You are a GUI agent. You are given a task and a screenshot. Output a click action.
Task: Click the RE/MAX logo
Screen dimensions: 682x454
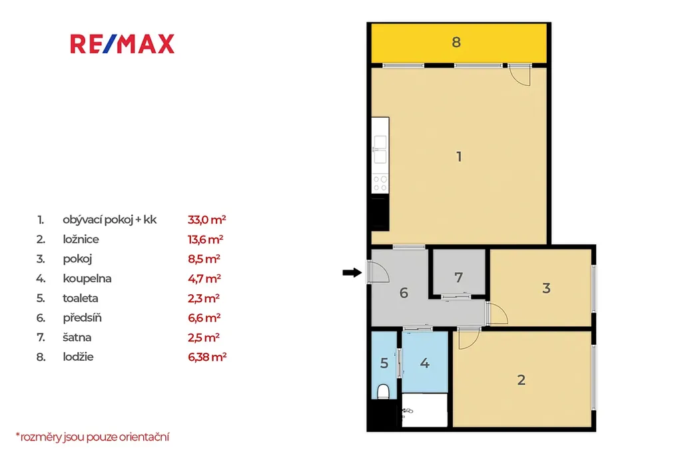pyautogui.click(x=123, y=44)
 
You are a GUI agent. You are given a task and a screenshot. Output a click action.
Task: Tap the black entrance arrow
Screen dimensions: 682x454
pyautogui.click(x=352, y=273)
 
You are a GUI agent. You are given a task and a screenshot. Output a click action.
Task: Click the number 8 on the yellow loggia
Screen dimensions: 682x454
pyautogui.click(x=456, y=42)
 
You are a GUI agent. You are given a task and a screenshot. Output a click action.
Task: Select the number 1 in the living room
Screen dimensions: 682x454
pyautogui.click(x=459, y=156)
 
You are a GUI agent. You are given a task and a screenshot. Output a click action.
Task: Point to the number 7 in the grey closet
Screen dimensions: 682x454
pyautogui.click(x=458, y=278)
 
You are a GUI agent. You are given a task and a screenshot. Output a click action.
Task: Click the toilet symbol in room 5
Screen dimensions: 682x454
pyautogui.click(x=383, y=391)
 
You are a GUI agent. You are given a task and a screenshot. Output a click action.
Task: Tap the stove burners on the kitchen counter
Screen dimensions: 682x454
pyautogui.click(x=380, y=184)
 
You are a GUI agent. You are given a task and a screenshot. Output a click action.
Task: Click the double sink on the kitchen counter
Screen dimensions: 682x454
pyautogui.click(x=380, y=149)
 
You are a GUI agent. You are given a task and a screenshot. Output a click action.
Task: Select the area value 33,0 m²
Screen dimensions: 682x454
pyautogui.click(x=207, y=220)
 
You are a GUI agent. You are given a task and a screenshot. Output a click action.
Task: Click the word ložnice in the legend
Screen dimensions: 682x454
pyautogui.click(x=81, y=239)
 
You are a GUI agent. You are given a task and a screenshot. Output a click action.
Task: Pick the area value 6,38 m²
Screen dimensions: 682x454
pyautogui.click(x=208, y=357)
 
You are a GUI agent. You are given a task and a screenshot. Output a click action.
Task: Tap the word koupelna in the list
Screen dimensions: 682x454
pyautogui.click(x=87, y=278)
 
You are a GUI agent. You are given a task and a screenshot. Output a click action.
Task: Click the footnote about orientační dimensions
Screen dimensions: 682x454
pyautogui.click(x=92, y=437)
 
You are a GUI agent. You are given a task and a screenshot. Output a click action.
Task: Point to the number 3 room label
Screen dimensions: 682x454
pyautogui.click(x=546, y=288)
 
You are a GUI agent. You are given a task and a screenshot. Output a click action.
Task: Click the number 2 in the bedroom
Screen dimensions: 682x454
pyautogui.click(x=521, y=380)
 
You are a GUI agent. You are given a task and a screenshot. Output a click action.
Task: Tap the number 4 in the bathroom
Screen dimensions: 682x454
pyautogui.click(x=424, y=363)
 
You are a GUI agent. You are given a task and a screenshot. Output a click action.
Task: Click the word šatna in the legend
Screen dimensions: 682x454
pyautogui.click(x=77, y=338)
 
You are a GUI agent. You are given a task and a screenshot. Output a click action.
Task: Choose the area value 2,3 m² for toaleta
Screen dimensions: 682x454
pyautogui.click(x=204, y=298)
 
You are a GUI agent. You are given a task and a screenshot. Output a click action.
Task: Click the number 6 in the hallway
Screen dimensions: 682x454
pyautogui.click(x=404, y=293)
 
